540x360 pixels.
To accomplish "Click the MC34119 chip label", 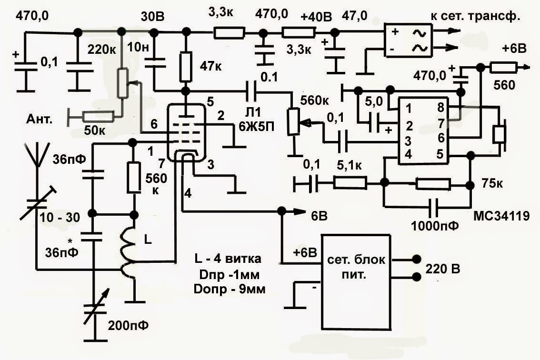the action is tap(501, 216).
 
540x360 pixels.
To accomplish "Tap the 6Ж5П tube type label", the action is tap(257, 127).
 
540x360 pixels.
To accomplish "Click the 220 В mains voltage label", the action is tap(443, 269).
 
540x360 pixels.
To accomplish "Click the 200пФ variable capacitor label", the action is tap(128, 325).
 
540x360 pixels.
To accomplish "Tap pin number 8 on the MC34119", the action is tap(441, 108).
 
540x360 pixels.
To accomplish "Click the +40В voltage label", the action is tap(316, 17).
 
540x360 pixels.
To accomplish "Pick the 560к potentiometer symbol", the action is tap(293, 121).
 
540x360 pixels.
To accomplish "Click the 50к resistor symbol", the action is tap(99, 117).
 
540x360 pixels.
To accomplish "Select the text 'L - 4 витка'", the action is tap(228, 259).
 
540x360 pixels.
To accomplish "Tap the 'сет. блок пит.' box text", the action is tap(356, 267).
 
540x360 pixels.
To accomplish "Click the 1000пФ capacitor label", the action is tap(435, 226).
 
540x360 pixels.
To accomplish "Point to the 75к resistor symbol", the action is tap(433, 184).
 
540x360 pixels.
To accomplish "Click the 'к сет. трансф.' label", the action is tap(476, 16).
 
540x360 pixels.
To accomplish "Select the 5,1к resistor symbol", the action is tap(350, 182).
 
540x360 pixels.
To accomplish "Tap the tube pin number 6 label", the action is tap(154, 124).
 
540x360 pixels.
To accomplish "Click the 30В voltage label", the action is tap(152, 17).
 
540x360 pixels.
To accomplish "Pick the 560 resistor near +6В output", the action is tap(503, 68).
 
